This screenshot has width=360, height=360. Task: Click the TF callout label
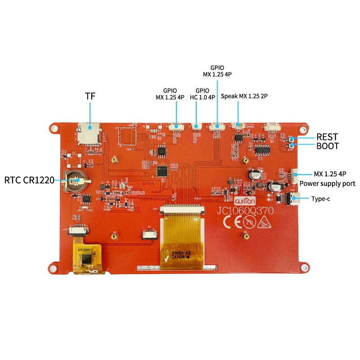pos(90,96)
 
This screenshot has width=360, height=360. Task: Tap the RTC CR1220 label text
pos(29,180)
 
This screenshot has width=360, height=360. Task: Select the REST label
pos(327,137)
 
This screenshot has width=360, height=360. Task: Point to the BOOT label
pos(328,146)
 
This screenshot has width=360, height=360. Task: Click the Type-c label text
pos(321,198)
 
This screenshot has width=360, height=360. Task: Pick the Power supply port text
pos(327,184)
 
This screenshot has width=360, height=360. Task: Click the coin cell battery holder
pos(75,181)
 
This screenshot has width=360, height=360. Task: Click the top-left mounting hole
pos(54,129)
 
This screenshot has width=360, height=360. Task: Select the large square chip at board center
pos(161,171)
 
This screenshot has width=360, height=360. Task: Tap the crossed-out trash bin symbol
pos(262,223)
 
